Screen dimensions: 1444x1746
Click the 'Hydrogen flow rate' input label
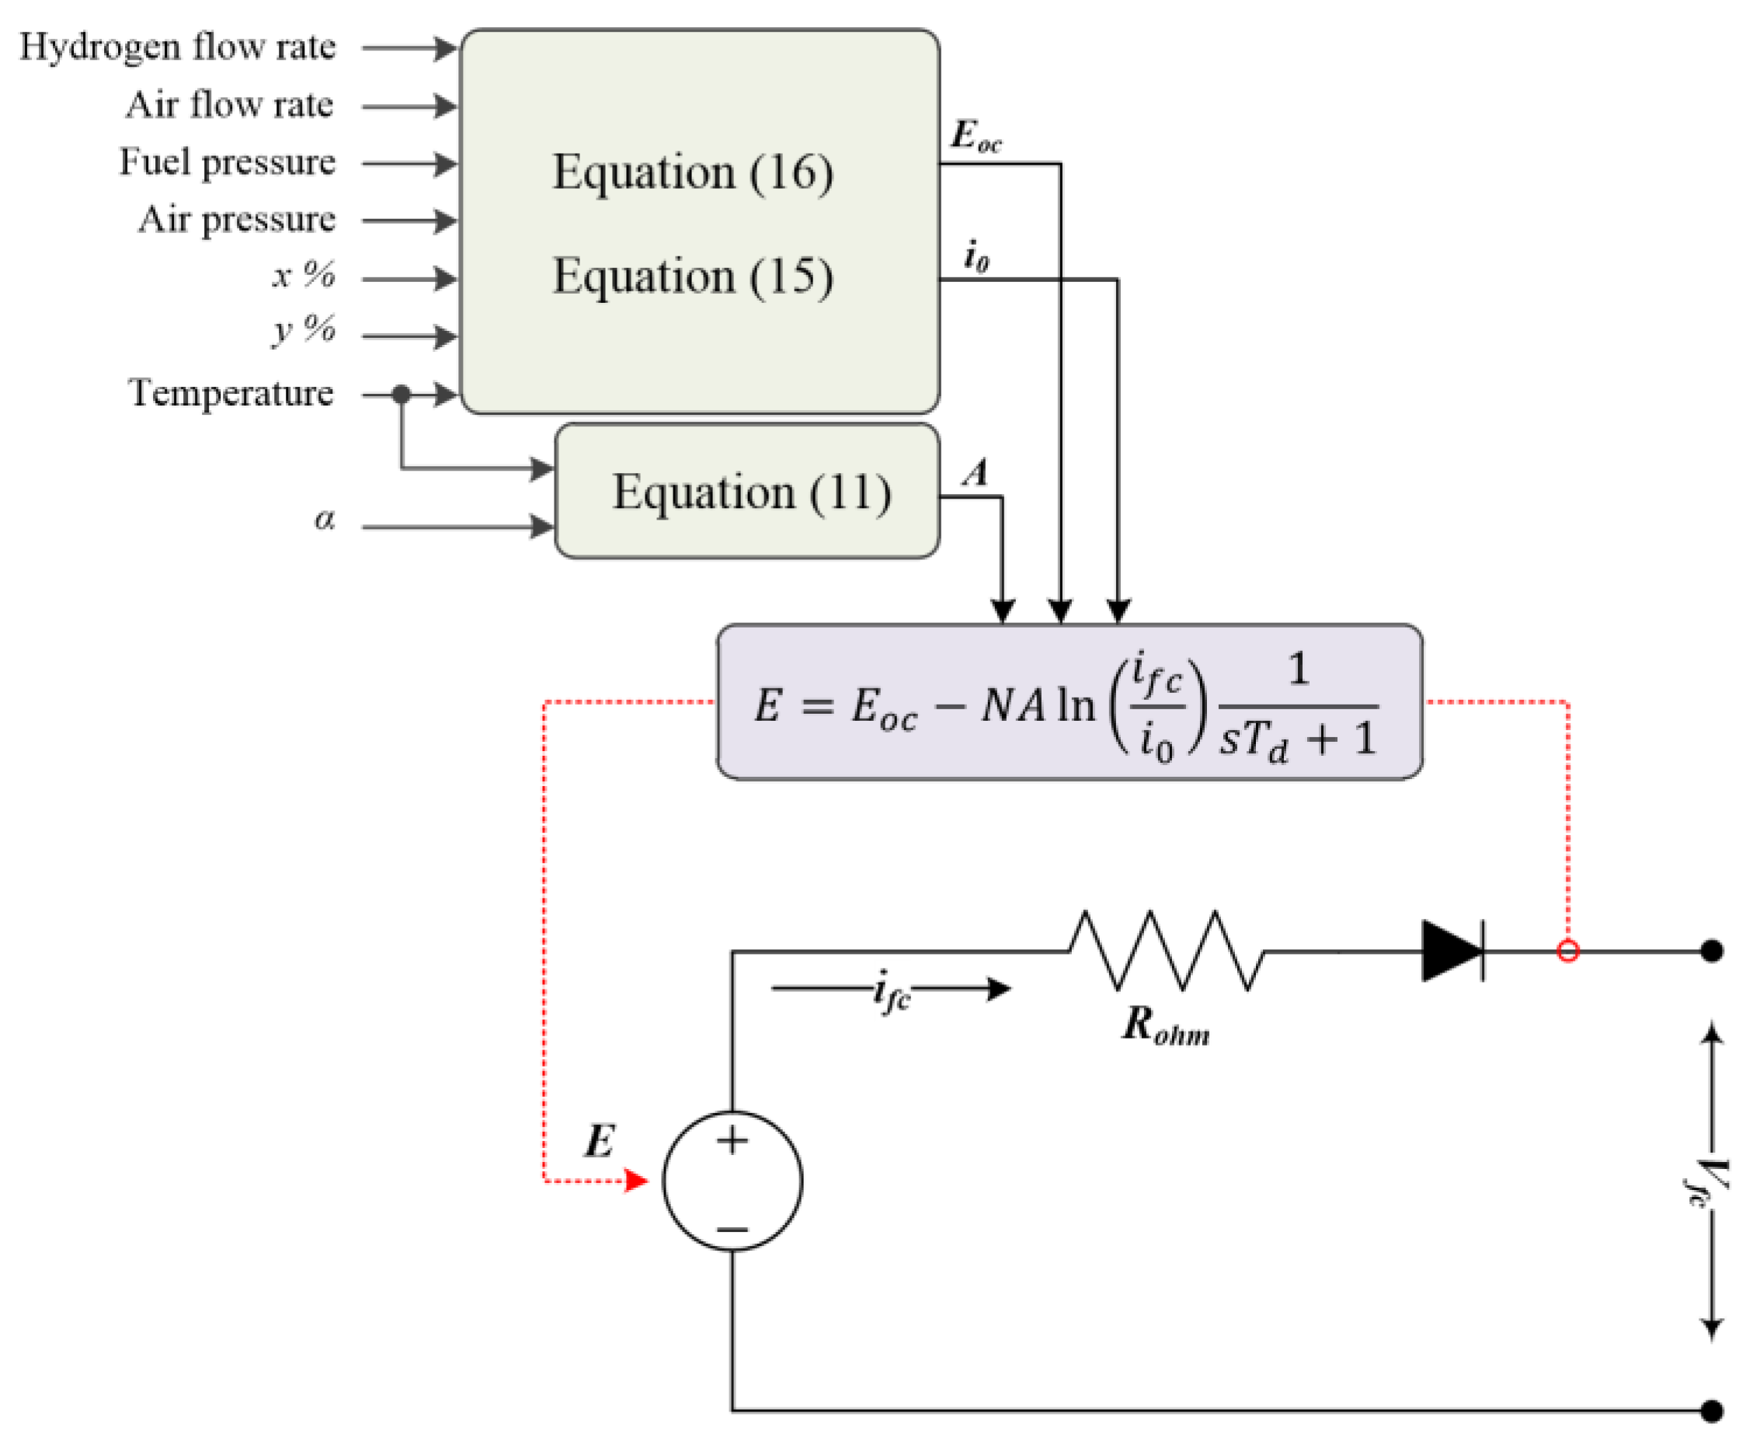[177, 47]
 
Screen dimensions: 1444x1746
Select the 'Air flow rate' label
[229, 106]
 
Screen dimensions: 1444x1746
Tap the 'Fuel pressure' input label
[227, 162]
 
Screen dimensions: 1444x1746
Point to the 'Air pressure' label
[237, 221]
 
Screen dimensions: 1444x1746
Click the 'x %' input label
[304, 275]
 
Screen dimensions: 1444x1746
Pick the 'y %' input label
[304, 330]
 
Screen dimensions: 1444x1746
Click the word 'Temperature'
[231, 393]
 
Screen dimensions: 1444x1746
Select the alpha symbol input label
[324, 520]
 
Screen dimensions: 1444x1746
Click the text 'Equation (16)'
[693, 172]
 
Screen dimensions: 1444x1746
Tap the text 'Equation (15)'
[693, 276]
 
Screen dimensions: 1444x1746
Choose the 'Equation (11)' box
[747, 492]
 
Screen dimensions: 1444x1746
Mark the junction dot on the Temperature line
[402, 394]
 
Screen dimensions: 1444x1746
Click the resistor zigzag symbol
[1166, 951]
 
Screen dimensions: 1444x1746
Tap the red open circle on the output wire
[1567, 951]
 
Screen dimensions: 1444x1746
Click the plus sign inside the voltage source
[732, 1140]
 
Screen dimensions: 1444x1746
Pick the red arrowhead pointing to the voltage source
[636, 1181]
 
